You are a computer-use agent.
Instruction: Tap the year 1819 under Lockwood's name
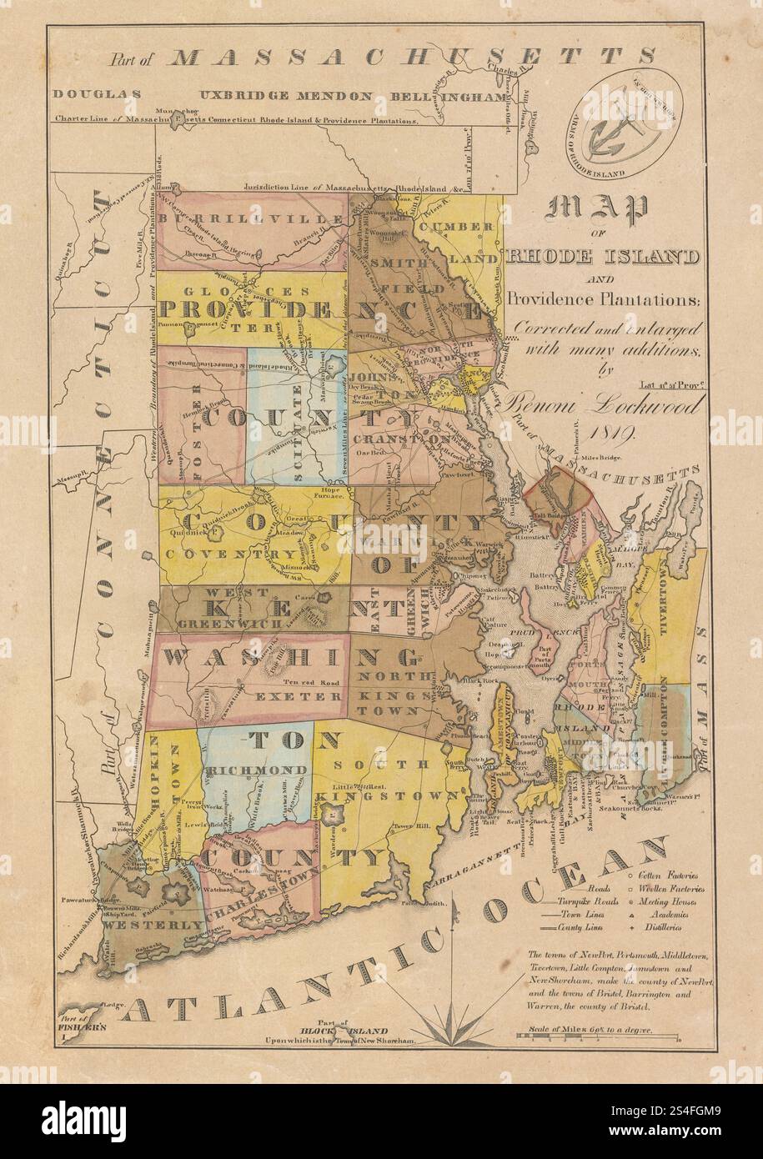pyautogui.click(x=612, y=433)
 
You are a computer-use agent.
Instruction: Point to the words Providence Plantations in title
pyautogui.click(x=606, y=299)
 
